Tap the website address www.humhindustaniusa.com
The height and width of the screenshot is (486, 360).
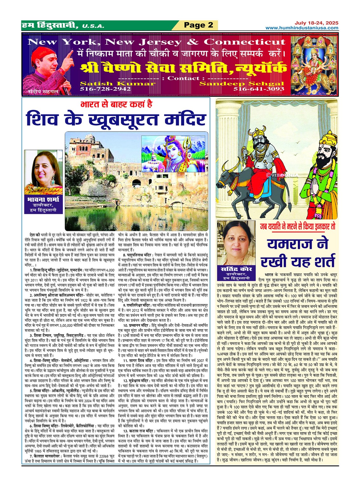point(302,28)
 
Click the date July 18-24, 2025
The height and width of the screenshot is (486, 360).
point(316,23)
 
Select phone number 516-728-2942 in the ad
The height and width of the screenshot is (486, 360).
point(105,89)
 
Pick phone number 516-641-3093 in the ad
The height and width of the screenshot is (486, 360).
point(259,89)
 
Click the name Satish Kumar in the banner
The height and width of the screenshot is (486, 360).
point(117,84)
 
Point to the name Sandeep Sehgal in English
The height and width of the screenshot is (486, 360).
point(241,84)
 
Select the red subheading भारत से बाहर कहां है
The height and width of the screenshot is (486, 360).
point(116,104)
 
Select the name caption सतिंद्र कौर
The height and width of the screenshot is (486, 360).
point(236,269)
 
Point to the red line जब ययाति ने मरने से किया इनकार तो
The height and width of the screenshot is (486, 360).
point(298,226)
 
